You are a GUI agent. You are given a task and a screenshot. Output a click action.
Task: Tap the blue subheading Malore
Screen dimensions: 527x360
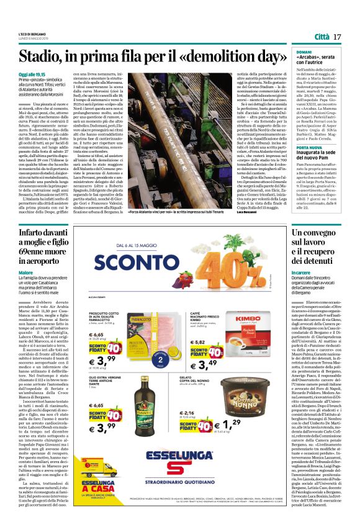pyautogui.click(x=25, y=273)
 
